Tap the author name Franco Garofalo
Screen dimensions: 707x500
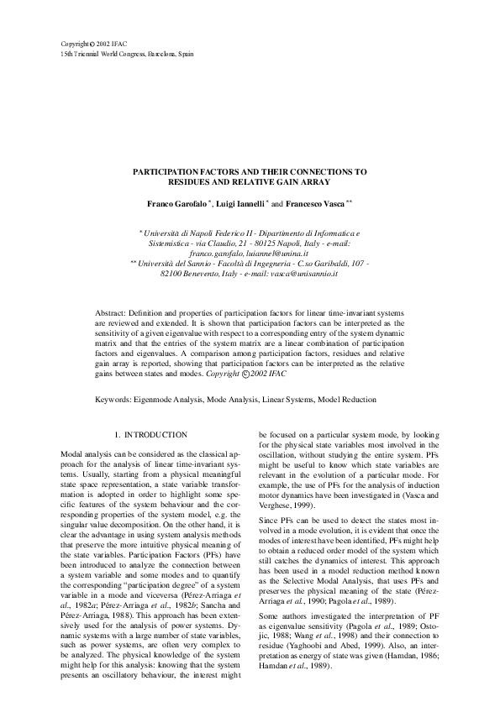(x=175, y=203)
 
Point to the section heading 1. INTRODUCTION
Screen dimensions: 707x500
(x=150, y=434)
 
